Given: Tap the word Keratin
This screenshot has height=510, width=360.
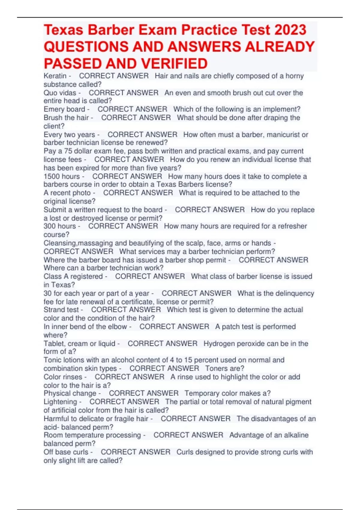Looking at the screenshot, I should pyautogui.click(x=55, y=76).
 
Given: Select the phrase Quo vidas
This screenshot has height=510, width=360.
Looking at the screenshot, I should pyautogui.click(x=60, y=93).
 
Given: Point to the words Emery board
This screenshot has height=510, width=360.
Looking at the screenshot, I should pyautogui.click(x=64, y=109).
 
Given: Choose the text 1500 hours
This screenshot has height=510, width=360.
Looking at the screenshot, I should pyautogui.click(x=62, y=176).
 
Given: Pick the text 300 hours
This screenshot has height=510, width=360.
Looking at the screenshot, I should pyautogui.click(x=60, y=226).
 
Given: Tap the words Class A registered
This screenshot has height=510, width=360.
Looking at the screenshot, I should pyautogui.click(x=73, y=276).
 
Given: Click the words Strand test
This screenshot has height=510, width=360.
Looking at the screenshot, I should pyautogui.click(x=61, y=310).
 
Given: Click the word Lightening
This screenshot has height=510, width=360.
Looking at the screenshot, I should pyautogui.click(x=60, y=402).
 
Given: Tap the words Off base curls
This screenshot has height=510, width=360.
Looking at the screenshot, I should pyautogui.click(x=66, y=452).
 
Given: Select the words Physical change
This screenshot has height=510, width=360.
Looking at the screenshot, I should pyautogui.click(x=70, y=393).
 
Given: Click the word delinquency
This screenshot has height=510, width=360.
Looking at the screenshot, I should pyautogui.click(x=295, y=293).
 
